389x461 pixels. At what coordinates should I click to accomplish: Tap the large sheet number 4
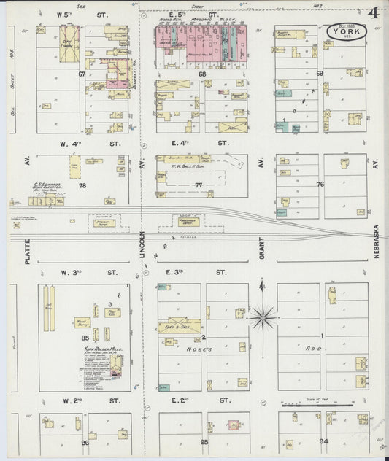(x=373, y=13)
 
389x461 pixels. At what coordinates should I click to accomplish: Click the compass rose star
(x=263, y=317)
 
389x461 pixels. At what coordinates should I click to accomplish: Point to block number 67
(x=82, y=74)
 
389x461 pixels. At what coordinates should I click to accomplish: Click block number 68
(x=202, y=74)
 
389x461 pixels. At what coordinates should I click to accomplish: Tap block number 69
(x=319, y=74)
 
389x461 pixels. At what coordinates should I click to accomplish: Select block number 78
(x=82, y=186)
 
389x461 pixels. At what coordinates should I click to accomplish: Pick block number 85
(x=85, y=337)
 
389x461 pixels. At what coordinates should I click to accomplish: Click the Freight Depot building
(x=102, y=223)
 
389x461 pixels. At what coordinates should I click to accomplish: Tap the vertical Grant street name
(x=261, y=252)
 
